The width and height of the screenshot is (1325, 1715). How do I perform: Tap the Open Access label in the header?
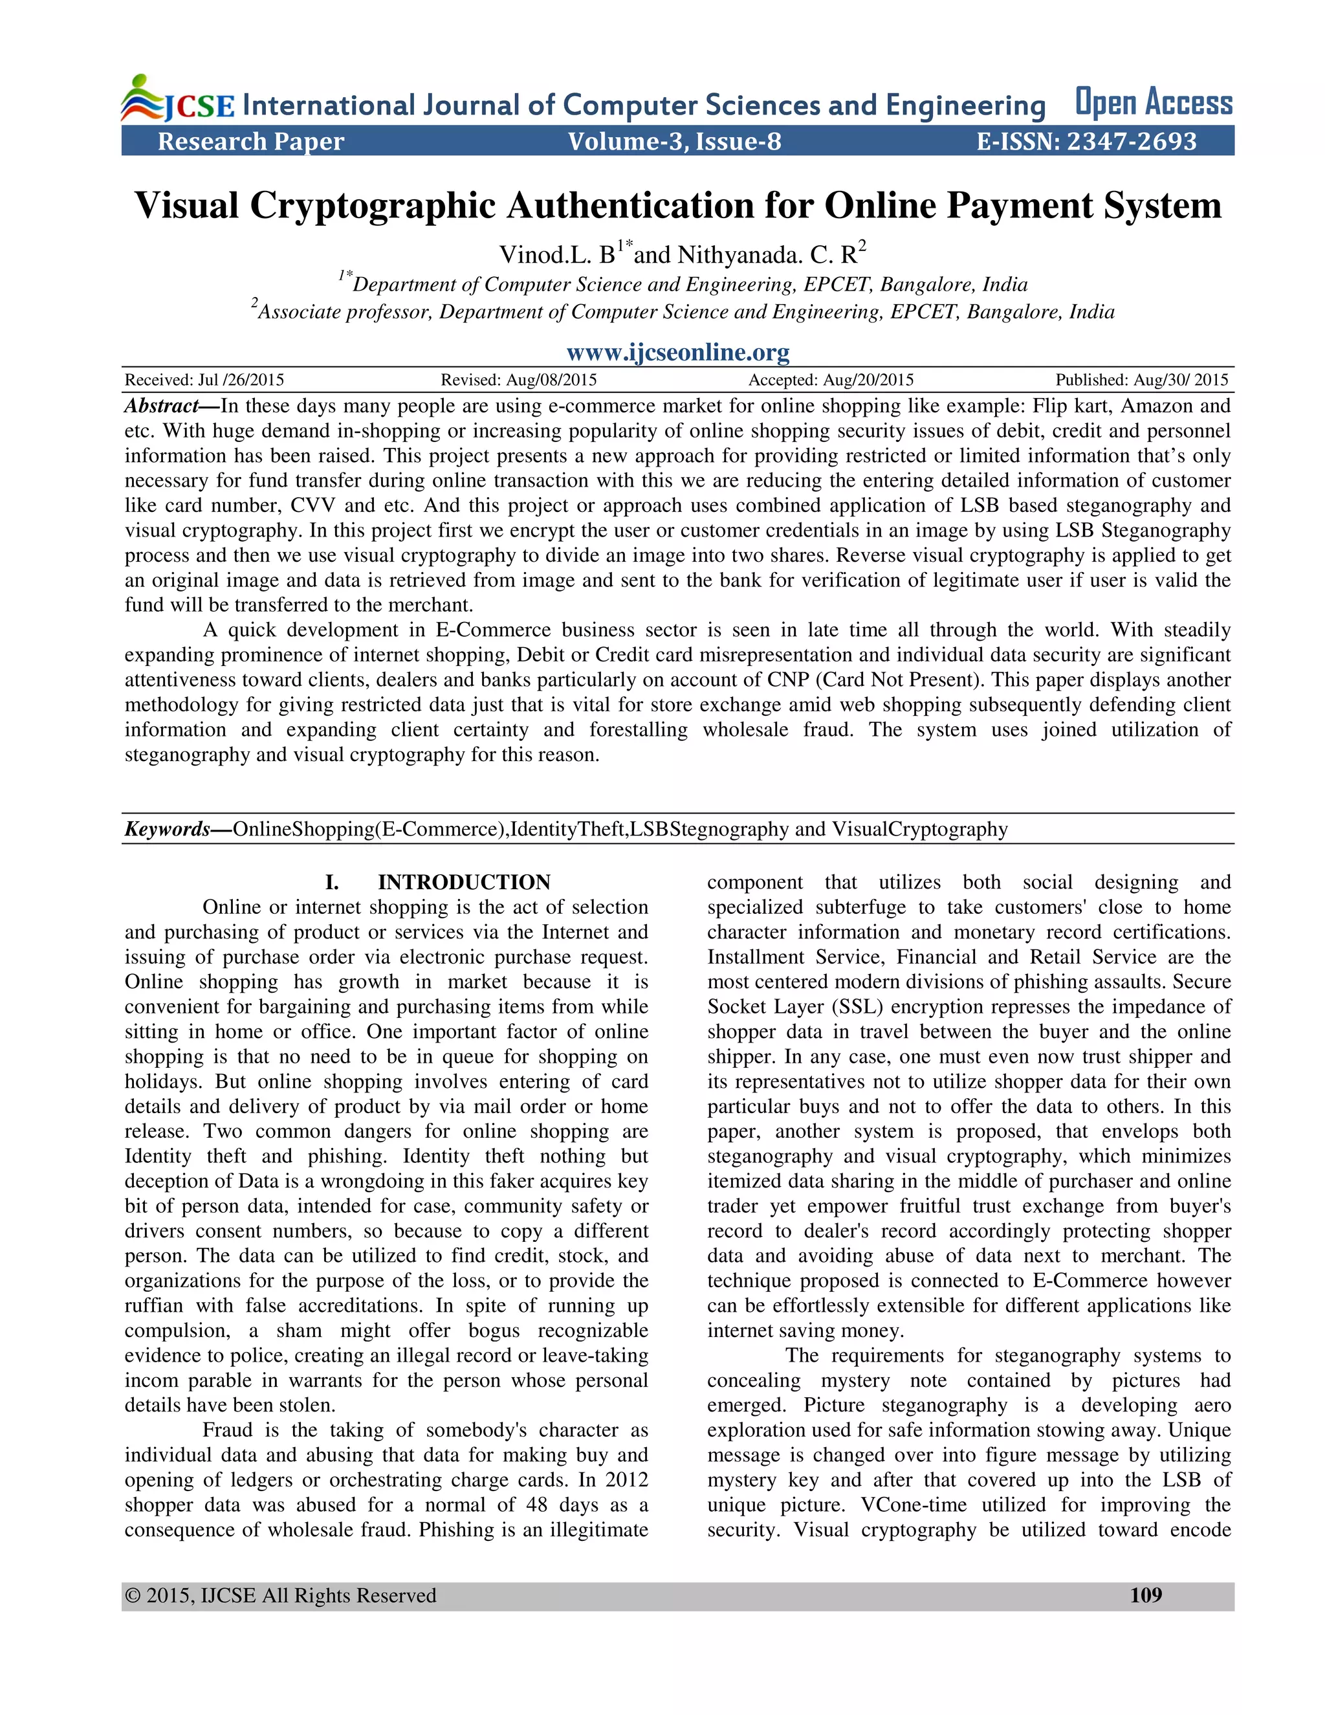[x=1153, y=103]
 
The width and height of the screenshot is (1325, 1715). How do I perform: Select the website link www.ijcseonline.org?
[x=678, y=352]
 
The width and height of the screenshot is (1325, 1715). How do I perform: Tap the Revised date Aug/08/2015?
[x=519, y=380]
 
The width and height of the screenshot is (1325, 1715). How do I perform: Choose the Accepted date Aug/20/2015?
[x=831, y=380]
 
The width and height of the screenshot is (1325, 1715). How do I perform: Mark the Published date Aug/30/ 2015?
[x=1141, y=380]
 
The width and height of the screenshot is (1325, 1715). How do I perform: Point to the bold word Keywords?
[x=167, y=829]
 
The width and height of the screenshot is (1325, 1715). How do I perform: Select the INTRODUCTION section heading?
[x=464, y=882]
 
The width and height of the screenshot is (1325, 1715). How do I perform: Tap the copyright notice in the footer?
[x=280, y=1596]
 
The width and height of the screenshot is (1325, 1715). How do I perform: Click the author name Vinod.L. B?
[x=557, y=254]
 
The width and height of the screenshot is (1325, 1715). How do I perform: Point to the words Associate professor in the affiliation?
[x=345, y=313]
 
